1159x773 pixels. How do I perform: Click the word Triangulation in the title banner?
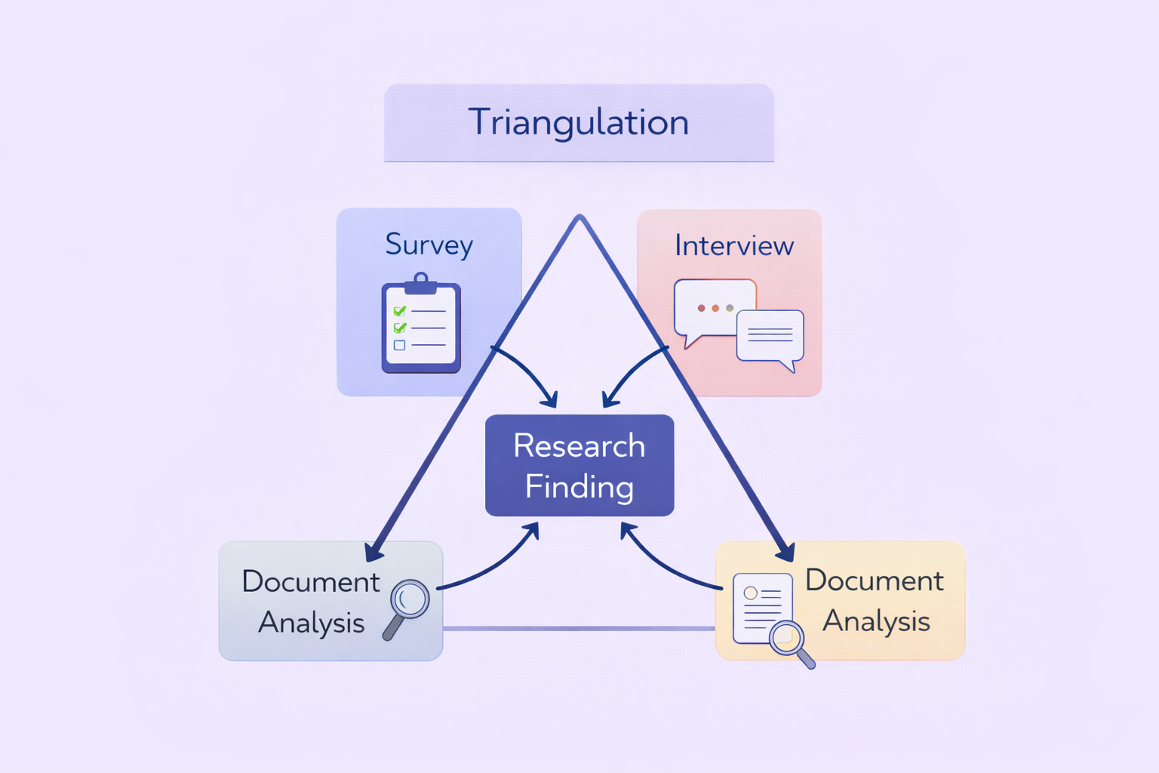578,122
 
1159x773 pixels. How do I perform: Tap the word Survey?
429,245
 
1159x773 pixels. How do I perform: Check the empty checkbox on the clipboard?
399,345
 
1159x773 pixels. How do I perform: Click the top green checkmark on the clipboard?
400,310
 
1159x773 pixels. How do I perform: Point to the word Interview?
733,245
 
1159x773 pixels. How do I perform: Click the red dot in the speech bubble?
701,308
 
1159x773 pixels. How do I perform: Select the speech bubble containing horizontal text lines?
770,337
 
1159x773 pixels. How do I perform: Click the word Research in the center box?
579,445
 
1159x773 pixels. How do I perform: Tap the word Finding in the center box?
579,486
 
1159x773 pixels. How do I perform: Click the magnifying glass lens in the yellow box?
785,636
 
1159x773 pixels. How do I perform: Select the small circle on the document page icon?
750,593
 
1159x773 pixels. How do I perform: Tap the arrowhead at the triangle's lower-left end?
374,553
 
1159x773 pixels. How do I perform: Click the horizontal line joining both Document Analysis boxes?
578,628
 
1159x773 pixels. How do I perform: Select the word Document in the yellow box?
874,581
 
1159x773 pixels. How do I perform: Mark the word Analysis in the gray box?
311,623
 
